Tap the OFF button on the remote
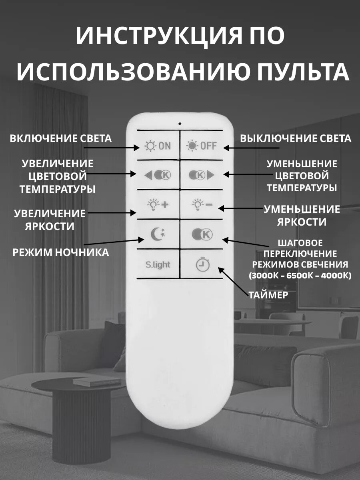(202, 146)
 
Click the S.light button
(158, 264)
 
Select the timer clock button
(202, 264)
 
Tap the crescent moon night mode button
(157, 234)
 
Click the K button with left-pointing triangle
(157, 175)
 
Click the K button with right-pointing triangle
(202, 175)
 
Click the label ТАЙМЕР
(268, 295)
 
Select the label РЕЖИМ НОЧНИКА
(60, 252)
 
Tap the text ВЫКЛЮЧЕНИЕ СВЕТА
(296, 138)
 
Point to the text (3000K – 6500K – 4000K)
(300, 275)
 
